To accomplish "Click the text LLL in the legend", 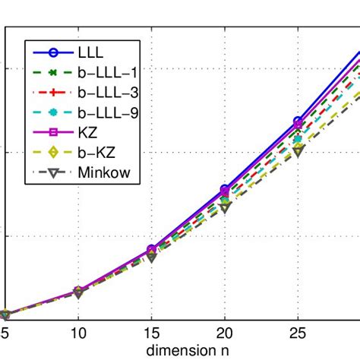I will coord(90,52).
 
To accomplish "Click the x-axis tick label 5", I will coord(5,333).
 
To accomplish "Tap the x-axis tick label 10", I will coord(78,333).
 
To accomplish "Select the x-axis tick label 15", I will coord(151,333).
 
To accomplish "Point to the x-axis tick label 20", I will coord(224,333).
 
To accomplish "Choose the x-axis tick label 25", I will coord(297,333).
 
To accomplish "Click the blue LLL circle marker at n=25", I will coord(297,122).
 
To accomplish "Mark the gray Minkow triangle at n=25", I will coord(297,151).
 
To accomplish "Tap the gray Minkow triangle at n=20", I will coord(224,207).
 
